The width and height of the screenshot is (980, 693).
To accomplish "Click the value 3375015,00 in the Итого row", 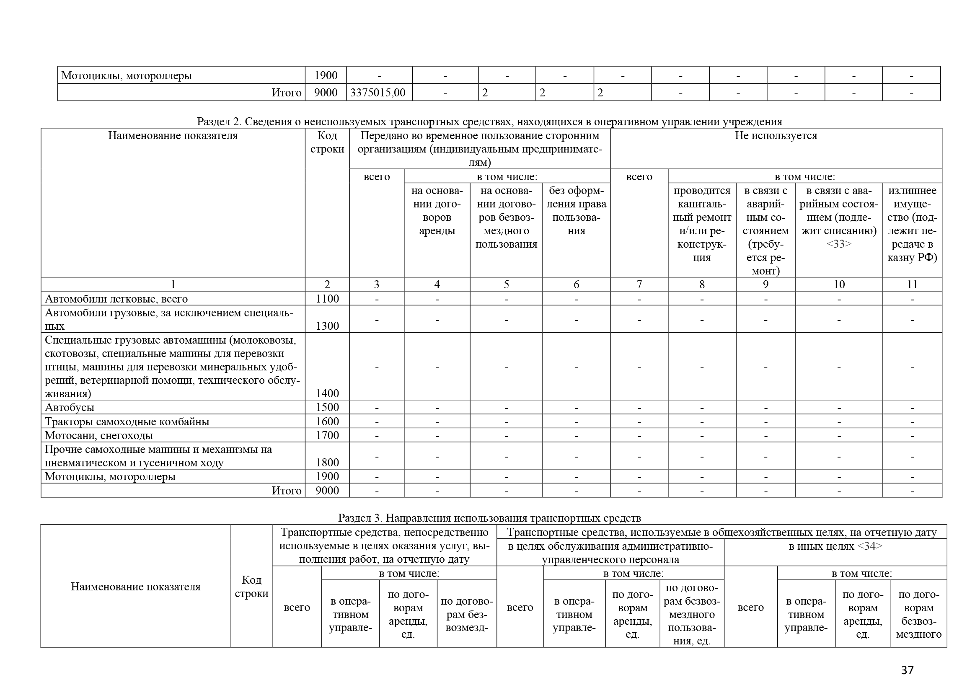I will (378, 93).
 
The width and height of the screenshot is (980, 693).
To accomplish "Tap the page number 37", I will (907, 670).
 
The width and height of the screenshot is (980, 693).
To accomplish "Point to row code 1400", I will (327, 393).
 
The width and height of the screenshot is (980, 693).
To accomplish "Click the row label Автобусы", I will (70, 407).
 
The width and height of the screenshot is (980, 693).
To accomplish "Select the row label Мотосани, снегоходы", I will (98, 435).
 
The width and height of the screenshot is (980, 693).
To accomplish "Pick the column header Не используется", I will (776, 136).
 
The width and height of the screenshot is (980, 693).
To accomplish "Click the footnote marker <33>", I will (839, 244).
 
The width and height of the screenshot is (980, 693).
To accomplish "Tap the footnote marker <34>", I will (870, 546).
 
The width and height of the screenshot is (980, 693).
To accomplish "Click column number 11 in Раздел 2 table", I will (912, 284).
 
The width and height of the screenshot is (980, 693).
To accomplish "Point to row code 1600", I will (327, 421).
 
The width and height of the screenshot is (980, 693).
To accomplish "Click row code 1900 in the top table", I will (326, 75).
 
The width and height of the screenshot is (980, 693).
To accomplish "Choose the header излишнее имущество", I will (912, 224).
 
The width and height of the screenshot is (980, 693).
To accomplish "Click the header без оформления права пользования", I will (576, 210).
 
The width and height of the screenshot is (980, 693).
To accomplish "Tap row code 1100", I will (327, 299).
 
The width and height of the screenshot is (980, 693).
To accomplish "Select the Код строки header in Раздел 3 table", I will (251, 586).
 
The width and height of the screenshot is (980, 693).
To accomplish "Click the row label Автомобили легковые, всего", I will (116, 299).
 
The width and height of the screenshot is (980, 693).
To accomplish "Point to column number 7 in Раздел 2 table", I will (639, 284).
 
